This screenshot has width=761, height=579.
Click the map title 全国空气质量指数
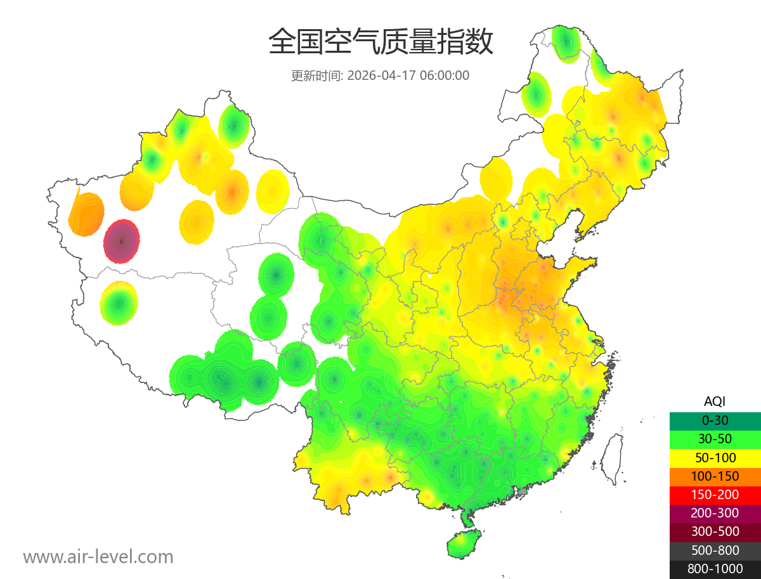[x=380, y=42]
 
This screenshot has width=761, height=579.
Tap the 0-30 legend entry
[x=715, y=420]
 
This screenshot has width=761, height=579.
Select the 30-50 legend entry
[x=715, y=438]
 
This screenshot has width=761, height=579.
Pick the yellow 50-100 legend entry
[x=715, y=457]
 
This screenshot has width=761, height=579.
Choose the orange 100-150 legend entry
[x=715, y=476]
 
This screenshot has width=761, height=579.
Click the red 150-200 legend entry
[x=715, y=494]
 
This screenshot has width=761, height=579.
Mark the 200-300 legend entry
[x=715, y=512]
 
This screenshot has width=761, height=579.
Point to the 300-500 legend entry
[x=715, y=531]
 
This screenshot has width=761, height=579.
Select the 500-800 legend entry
[x=715, y=550]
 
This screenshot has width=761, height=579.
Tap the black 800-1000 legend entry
[x=715, y=569]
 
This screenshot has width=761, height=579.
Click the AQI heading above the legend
[x=715, y=401]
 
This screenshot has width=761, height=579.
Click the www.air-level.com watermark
[x=98, y=557]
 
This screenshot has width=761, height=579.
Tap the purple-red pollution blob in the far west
[x=122, y=241]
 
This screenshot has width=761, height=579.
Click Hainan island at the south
[x=464, y=544]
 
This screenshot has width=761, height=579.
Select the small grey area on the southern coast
[x=523, y=491]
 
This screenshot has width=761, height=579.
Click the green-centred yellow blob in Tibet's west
[x=119, y=303]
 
